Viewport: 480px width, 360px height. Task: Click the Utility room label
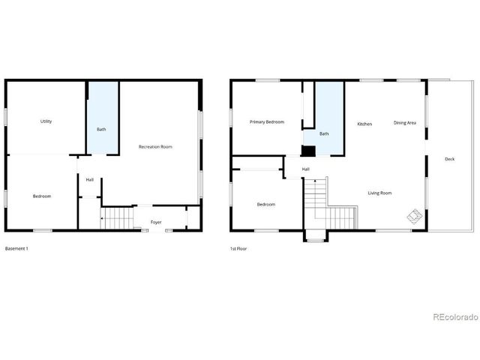tap(46, 121)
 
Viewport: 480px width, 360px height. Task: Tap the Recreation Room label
tap(155, 147)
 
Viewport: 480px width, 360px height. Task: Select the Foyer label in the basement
tap(156, 223)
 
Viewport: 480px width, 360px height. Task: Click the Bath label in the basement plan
tap(101, 130)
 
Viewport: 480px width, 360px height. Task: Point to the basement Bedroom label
tap(42, 196)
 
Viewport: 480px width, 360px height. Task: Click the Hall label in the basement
tap(89, 180)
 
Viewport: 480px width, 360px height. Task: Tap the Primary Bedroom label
tap(267, 121)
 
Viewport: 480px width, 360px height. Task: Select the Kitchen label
tap(364, 124)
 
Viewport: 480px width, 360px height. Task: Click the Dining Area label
tap(405, 123)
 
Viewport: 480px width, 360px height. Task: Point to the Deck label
tap(449, 159)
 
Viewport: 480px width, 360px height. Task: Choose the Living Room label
tap(379, 193)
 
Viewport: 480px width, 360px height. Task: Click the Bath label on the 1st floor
tap(324, 134)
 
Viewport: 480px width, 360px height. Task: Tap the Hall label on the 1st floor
tap(306, 169)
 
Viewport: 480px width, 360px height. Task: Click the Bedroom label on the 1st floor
tap(266, 205)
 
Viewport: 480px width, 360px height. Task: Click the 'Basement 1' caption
tap(16, 248)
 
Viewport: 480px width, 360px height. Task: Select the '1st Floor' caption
tap(239, 248)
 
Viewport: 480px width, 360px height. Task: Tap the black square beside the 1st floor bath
tap(307, 150)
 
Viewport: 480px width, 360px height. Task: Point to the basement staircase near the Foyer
tap(117, 219)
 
